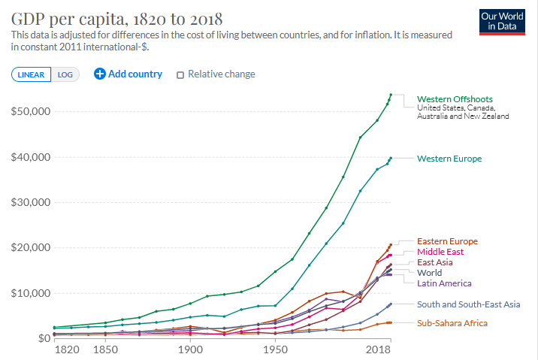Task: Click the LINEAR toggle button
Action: (x=31, y=74)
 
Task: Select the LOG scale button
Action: (x=65, y=74)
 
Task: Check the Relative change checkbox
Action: (x=180, y=74)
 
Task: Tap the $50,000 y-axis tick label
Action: (x=28, y=111)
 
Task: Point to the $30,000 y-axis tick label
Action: (x=28, y=202)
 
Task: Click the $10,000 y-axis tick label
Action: (x=28, y=292)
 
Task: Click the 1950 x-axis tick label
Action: (x=276, y=351)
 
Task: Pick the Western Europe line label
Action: (x=449, y=159)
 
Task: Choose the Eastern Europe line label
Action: (x=447, y=241)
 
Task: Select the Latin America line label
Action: (x=444, y=283)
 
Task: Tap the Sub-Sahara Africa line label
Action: (x=452, y=322)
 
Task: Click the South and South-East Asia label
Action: (x=468, y=304)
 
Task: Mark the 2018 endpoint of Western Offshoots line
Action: (x=391, y=95)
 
